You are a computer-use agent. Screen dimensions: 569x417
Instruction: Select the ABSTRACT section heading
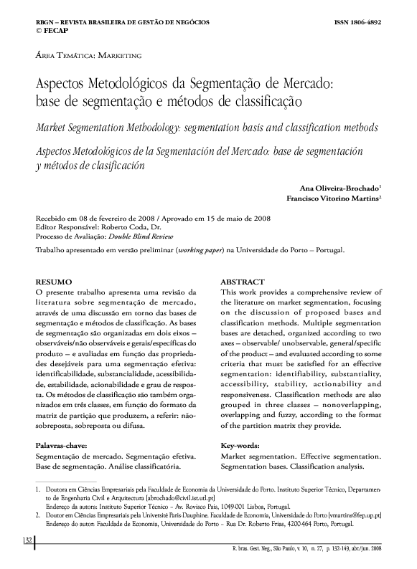[x=243, y=282]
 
